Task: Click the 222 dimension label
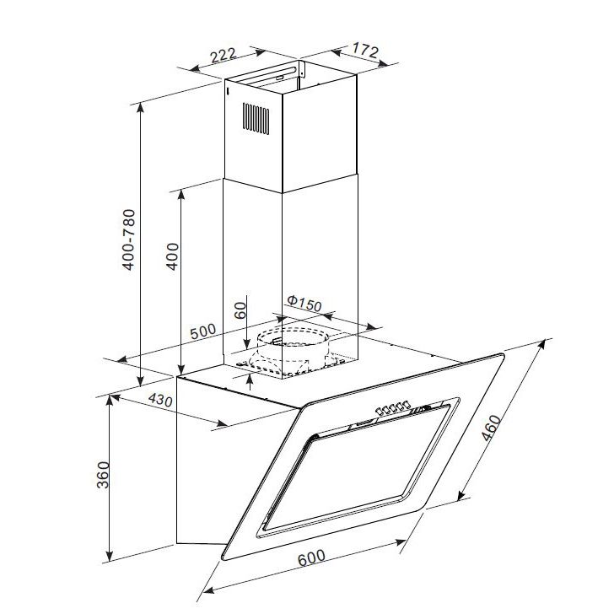click(x=224, y=55)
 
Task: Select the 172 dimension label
click(x=365, y=50)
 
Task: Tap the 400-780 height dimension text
click(x=129, y=240)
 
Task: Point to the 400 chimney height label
click(x=172, y=256)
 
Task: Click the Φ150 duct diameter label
click(x=304, y=304)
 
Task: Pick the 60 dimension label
click(x=241, y=310)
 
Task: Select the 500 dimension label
click(x=202, y=331)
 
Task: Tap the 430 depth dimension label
click(x=160, y=400)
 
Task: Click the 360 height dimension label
click(x=103, y=475)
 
